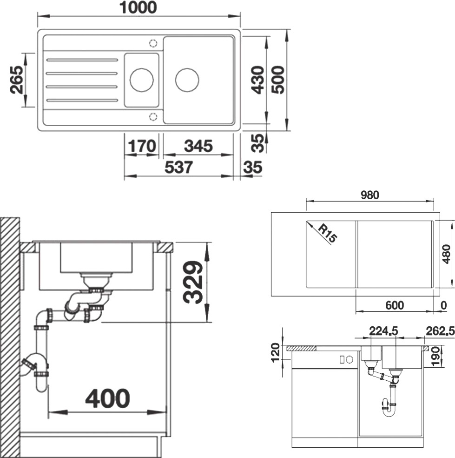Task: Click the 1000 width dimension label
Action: point(138,7)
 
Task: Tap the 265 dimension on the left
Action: point(16,80)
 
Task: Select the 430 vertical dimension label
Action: point(258,80)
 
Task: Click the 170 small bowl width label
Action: point(142,146)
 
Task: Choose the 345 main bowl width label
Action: point(198,146)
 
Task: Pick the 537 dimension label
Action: point(179,168)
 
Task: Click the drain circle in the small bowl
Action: point(141,80)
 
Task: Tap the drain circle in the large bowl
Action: point(187,80)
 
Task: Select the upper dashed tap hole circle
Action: point(153,43)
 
